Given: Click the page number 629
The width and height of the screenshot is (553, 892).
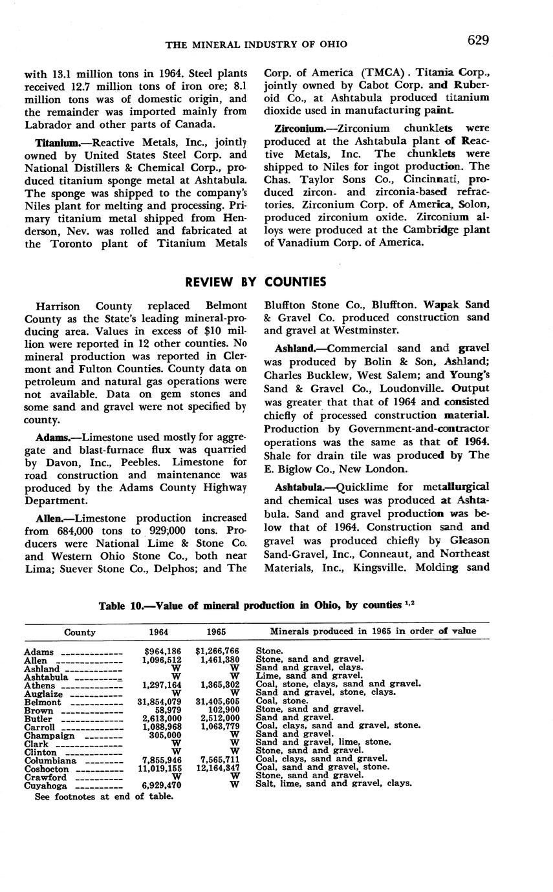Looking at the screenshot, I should click(478, 41).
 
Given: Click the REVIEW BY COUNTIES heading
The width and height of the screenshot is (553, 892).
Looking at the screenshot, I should click(255, 282).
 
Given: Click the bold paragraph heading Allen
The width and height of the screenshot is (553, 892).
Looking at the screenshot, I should click(47, 518).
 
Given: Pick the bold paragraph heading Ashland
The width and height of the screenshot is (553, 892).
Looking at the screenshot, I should click(292, 348).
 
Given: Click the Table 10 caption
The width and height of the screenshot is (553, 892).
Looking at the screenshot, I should click(256, 606).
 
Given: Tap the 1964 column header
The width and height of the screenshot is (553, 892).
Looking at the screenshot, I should click(159, 632).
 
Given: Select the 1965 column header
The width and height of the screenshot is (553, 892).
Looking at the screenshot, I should click(216, 632).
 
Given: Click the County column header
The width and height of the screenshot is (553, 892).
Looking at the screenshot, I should click(80, 632).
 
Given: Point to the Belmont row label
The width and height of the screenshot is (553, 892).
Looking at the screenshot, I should click(43, 702).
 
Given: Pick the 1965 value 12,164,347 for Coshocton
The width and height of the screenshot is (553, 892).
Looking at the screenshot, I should click(217, 767).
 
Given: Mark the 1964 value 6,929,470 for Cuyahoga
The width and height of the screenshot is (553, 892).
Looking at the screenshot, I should click(162, 784).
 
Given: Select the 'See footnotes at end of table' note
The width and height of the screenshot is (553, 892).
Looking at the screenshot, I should click(103, 796).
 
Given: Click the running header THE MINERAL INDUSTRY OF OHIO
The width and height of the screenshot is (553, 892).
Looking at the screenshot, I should click(256, 44).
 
